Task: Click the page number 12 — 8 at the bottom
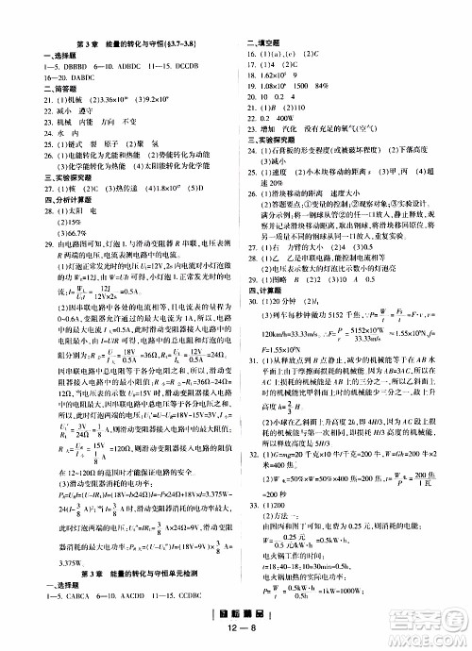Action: [x=235, y=635]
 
